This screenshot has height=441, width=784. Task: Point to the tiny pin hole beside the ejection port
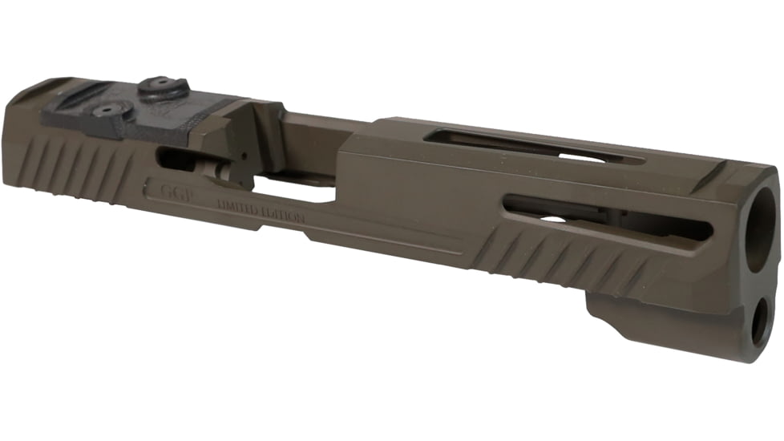(x=239, y=152)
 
